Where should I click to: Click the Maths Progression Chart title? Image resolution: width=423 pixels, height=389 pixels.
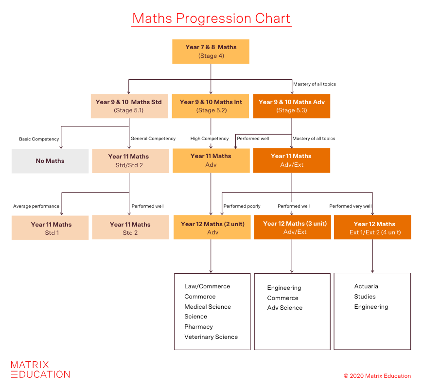point(211,19)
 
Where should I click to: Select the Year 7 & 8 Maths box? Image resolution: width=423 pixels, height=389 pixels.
point(211,52)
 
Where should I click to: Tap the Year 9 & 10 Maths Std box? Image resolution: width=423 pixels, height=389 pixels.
point(128,106)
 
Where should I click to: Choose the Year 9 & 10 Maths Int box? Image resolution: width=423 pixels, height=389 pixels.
point(211,106)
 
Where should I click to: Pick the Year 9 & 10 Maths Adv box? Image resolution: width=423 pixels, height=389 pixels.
point(291,106)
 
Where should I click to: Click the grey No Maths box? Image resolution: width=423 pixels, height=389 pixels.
point(50,161)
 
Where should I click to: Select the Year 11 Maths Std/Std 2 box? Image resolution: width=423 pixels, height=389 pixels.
point(128,161)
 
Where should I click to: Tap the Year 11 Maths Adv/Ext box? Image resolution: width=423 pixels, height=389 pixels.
point(291,160)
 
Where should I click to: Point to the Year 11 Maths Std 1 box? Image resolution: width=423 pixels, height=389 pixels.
point(50,229)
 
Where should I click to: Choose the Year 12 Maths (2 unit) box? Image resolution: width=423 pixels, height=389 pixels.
point(212,228)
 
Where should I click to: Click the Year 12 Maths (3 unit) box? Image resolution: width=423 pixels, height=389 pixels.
point(292,228)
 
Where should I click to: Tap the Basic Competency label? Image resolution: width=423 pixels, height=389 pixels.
point(39,139)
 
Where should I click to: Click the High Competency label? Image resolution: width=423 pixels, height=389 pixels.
point(210,139)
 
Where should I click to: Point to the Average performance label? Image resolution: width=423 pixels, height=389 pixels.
point(36,206)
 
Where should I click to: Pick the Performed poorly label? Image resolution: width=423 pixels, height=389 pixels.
point(242,206)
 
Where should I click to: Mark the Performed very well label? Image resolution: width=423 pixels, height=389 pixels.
point(350,206)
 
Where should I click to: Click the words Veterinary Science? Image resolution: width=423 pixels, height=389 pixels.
point(211,337)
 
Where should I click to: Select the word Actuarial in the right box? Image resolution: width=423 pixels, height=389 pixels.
point(367,286)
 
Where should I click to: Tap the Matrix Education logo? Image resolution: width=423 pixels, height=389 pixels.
point(40,370)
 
